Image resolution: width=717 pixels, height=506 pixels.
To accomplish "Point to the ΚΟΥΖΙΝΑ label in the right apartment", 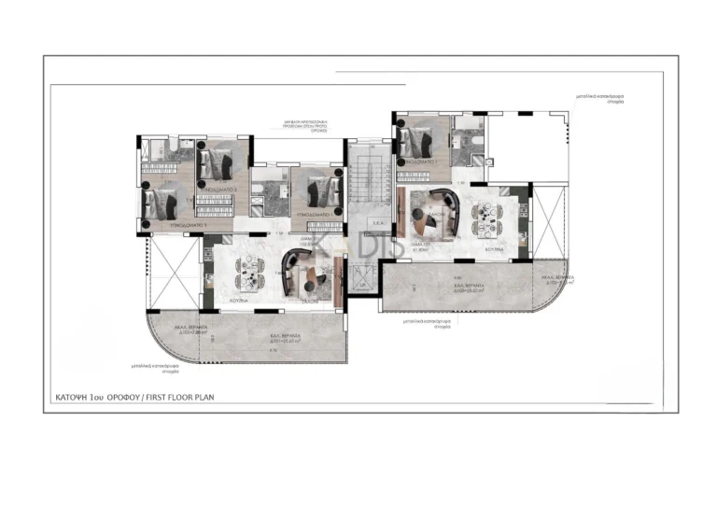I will pyautogui.click(x=494, y=250).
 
